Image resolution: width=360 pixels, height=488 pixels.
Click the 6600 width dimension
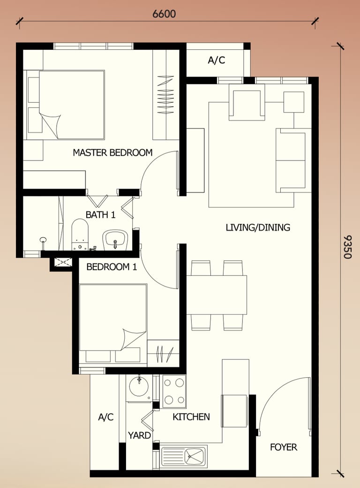pos(164,14)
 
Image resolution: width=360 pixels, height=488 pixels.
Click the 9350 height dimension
pos(347,247)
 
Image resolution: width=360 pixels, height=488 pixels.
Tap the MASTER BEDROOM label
pos(112,152)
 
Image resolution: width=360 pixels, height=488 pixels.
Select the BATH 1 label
pos(100,215)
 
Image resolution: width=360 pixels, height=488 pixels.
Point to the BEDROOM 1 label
pos(112,267)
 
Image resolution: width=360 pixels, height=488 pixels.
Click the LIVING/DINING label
pos(258,228)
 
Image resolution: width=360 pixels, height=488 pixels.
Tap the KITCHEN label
pos(191,417)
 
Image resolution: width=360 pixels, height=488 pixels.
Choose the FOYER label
pos(284,447)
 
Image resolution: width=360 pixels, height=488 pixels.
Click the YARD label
pos(139,435)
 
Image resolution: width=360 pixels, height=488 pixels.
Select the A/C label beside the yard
pos(106,417)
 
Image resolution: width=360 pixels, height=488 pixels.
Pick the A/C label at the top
pos(217,60)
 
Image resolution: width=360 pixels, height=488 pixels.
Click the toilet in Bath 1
pos(80,235)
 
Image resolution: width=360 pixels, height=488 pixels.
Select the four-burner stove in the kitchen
pos(174,391)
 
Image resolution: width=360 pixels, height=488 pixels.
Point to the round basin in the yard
pos(139,388)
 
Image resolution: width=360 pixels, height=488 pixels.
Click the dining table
pos(217,295)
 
